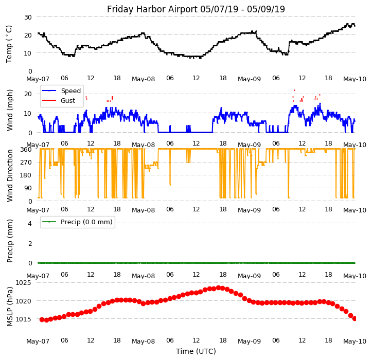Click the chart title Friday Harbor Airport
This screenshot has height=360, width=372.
click(196, 9)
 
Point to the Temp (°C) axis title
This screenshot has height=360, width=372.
click(9, 44)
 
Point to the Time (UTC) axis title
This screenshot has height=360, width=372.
click(196, 351)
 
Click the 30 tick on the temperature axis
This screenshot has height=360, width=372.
click(27, 17)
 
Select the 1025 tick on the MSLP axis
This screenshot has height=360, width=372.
click(23, 283)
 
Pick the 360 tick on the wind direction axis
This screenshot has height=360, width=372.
click(25, 150)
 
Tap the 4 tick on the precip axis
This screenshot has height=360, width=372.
click(30, 223)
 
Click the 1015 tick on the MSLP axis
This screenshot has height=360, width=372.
click(23, 319)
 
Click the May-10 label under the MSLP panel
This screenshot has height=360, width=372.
click(355, 341)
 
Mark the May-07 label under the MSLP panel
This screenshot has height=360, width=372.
click(38, 341)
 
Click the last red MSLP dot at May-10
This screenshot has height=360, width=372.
click(355, 318)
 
